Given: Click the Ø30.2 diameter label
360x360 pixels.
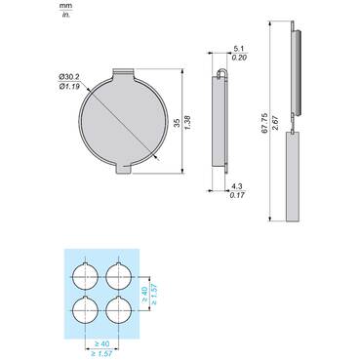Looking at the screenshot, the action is [x=69, y=77].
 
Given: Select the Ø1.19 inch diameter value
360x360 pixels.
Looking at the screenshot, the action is [x=69, y=86].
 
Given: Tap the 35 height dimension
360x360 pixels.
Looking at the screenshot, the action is [x=177, y=123].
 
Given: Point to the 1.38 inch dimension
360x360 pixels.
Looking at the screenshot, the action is [x=187, y=123].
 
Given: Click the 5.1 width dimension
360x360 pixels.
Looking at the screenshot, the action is [x=238, y=49].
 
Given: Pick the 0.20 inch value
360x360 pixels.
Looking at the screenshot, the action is [x=239, y=58].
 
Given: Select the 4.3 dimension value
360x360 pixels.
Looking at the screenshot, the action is [x=237, y=186].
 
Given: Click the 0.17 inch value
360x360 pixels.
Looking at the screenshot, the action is [x=237, y=195].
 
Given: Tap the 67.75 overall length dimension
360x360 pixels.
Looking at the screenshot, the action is [x=264, y=123].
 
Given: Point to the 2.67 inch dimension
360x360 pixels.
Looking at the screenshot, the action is [x=275, y=123].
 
